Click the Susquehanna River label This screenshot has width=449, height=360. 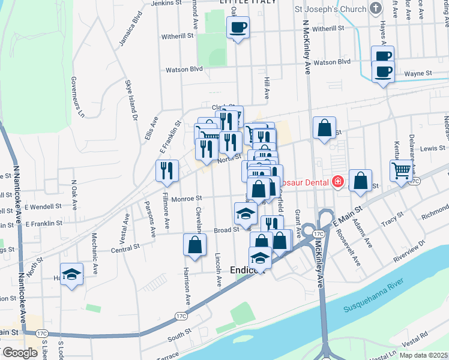(373, 298)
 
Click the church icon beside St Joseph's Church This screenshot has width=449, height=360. (376, 8)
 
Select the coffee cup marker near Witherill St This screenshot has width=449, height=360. (238, 27)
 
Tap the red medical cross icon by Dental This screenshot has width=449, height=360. (339, 182)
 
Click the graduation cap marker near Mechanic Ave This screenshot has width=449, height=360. (72, 274)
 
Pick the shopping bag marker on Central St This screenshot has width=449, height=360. (195, 244)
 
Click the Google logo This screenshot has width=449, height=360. (19, 353)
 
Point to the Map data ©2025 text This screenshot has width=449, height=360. (423, 355)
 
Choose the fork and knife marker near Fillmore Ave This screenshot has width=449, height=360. (166, 170)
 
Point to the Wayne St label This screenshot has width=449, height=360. (418, 73)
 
